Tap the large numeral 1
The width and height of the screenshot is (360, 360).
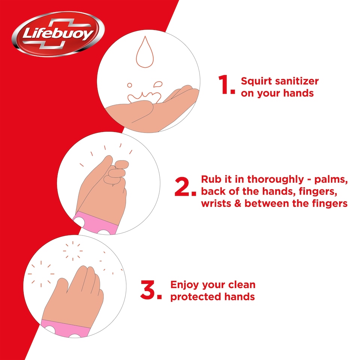[226, 85]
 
